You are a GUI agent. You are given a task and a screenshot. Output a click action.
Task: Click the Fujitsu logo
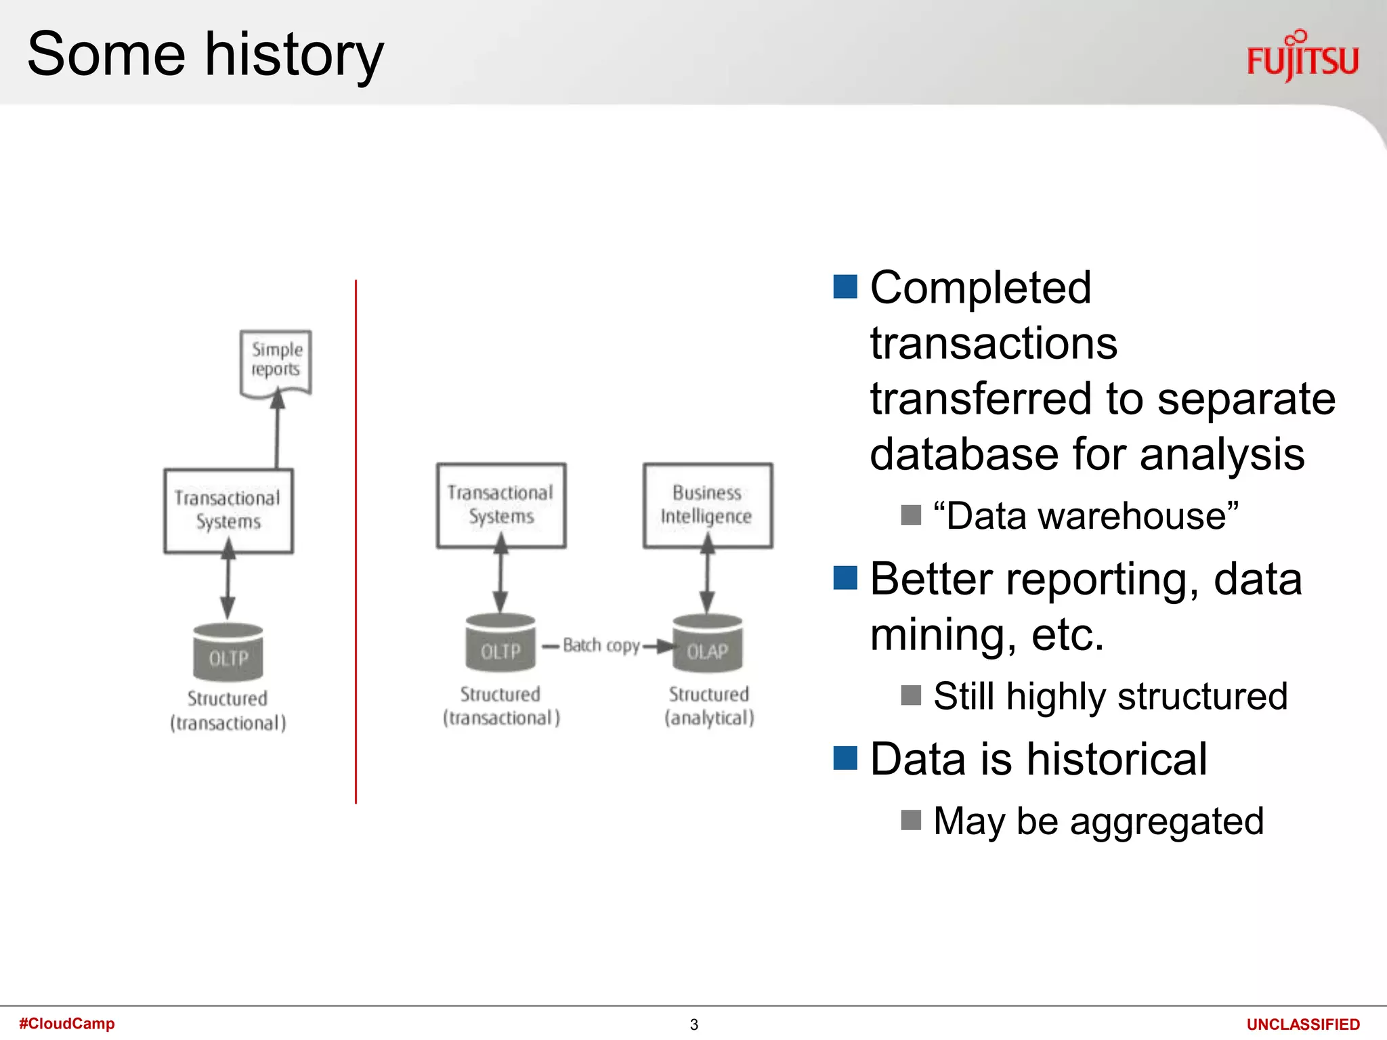pos(1302,57)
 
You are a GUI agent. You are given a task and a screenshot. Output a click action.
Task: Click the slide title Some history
pos(205,54)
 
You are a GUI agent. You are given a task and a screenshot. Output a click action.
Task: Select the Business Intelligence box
pos(707,505)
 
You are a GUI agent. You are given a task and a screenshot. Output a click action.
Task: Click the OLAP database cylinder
pos(707,645)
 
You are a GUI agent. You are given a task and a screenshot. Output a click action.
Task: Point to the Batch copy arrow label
pos(601,645)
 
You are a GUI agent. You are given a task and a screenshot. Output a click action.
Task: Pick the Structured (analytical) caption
pos(708,706)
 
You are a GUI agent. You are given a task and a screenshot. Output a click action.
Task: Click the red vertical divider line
pos(356,542)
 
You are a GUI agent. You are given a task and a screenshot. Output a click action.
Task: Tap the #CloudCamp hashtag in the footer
pos(67,1023)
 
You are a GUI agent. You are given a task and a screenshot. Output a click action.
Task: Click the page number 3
pos(693,1024)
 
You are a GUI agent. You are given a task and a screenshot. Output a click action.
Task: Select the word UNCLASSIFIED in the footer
pos(1302,1024)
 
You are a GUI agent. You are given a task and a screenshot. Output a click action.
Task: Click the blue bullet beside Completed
pos(845,287)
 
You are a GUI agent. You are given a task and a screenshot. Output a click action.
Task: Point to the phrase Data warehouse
pos(1086,516)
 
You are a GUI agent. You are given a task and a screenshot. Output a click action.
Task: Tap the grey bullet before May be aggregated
pos(911,820)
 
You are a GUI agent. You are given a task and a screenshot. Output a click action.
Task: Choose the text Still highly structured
pos(1110,696)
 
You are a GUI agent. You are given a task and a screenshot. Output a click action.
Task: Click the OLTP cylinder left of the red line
pos(228,653)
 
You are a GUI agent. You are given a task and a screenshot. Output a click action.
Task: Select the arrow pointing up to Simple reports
pos(277,430)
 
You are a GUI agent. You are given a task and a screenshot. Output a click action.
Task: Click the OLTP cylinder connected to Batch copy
pos(500,645)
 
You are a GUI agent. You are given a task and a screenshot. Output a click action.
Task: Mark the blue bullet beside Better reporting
pos(845,578)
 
